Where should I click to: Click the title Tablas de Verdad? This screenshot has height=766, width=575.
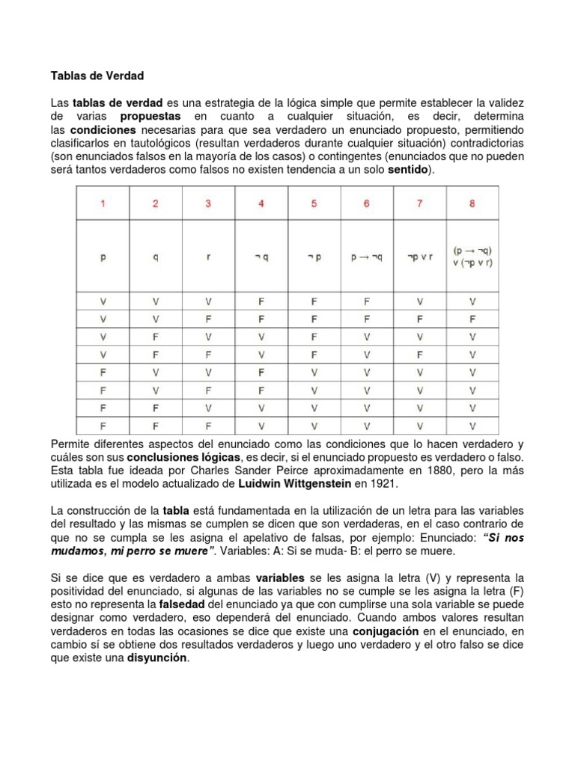click(x=97, y=76)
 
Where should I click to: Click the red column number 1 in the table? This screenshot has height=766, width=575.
click(x=103, y=204)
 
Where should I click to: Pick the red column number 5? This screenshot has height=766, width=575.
click(x=314, y=204)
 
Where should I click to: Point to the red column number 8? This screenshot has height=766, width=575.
click(x=472, y=204)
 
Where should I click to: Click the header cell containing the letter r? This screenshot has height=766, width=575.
click(x=208, y=257)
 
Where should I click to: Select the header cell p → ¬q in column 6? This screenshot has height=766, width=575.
click(x=366, y=257)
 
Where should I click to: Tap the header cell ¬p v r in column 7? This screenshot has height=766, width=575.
click(x=419, y=257)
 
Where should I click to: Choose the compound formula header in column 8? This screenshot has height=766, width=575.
click(x=472, y=256)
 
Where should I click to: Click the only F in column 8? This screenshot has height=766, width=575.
click(x=472, y=319)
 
